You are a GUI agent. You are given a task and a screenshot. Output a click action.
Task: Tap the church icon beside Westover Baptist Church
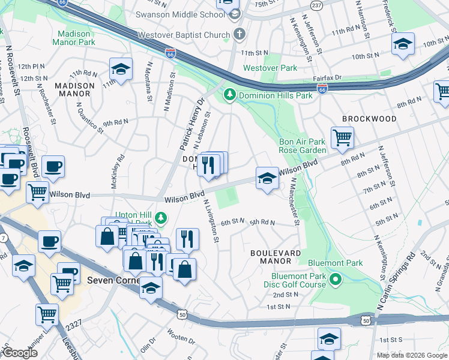240,34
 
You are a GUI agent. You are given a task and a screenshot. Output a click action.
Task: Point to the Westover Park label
270,68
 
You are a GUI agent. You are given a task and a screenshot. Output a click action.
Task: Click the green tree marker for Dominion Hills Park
229,95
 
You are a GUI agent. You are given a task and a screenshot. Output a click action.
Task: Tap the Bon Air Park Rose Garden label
303,146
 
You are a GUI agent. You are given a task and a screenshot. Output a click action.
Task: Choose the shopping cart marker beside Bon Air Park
342,138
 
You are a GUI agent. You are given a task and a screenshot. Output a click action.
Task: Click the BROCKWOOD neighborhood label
369,119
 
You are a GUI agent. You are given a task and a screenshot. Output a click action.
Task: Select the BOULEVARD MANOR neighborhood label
276,257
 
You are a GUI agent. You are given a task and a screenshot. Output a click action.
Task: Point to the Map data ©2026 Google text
412,355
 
